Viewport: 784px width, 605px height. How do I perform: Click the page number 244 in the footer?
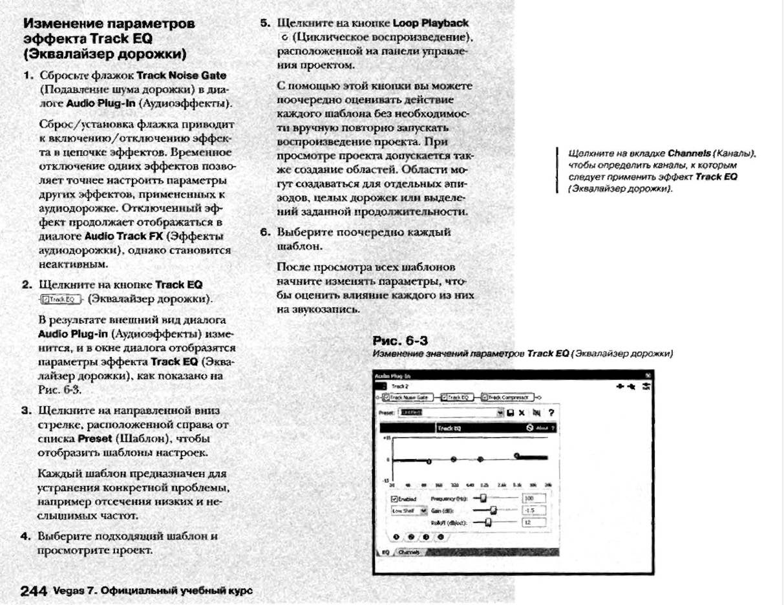coord(34,591)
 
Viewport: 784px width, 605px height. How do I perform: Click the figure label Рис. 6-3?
coord(400,341)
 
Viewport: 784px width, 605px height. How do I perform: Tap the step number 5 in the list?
coord(264,23)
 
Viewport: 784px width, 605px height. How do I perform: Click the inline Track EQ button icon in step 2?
coord(60,299)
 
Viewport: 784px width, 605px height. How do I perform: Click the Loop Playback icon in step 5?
coord(285,37)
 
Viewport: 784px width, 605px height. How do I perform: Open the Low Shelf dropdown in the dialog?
coord(424,510)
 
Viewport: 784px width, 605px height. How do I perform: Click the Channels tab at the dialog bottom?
coord(408,552)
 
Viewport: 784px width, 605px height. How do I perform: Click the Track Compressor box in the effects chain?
coord(508,397)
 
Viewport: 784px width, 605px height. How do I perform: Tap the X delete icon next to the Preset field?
coord(522,412)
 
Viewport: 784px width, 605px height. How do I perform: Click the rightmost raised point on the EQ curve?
coord(516,456)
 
